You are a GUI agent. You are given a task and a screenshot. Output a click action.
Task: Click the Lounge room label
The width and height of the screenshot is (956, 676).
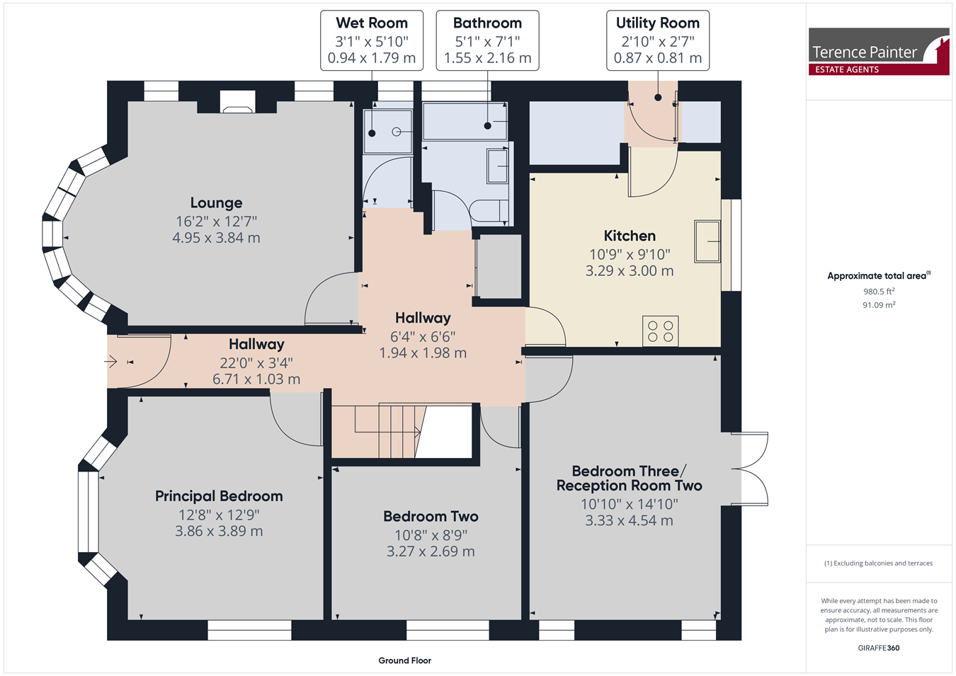(x=217, y=202)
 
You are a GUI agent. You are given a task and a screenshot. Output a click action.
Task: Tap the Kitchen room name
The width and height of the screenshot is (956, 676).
(x=630, y=236)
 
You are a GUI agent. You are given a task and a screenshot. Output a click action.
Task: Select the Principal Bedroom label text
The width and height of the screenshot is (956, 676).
(x=219, y=496)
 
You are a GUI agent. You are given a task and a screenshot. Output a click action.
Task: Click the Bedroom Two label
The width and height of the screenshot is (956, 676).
(x=431, y=517)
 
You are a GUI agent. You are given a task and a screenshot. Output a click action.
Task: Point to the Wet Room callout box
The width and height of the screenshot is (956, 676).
(x=372, y=40)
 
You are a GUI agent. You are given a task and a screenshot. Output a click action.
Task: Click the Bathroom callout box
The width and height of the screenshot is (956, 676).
(x=487, y=40)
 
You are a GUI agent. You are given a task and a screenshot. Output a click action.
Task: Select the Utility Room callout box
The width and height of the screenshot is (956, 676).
(x=658, y=40)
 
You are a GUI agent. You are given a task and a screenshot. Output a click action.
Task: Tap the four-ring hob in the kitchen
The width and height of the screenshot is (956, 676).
(x=660, y=331)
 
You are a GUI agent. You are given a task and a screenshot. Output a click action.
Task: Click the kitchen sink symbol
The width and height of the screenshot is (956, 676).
(x=707, y=241)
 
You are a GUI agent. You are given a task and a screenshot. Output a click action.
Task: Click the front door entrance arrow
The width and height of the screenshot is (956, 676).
(x=111, y=362)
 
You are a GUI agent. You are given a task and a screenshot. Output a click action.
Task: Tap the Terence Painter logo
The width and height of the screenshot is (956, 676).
(x=879, y=51)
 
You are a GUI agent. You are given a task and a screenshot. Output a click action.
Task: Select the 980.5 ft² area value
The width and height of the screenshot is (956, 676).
(x=879, y=292)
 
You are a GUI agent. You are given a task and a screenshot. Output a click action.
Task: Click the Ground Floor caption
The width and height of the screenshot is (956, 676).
(x=404, y=660)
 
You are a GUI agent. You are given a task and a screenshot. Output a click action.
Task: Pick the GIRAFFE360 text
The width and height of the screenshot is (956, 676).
(x=879, y=648)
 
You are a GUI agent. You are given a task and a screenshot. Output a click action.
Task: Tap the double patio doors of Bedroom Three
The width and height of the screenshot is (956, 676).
(x=750, y=469)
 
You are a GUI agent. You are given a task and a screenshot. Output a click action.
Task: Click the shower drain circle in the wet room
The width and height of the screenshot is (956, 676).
(x=397, y=132)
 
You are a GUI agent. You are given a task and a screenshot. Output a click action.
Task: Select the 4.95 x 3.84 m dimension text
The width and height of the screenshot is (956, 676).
(x=217, y=238)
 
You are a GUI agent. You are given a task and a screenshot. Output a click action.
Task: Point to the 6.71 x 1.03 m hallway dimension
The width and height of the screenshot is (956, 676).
(x=256, y=379)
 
